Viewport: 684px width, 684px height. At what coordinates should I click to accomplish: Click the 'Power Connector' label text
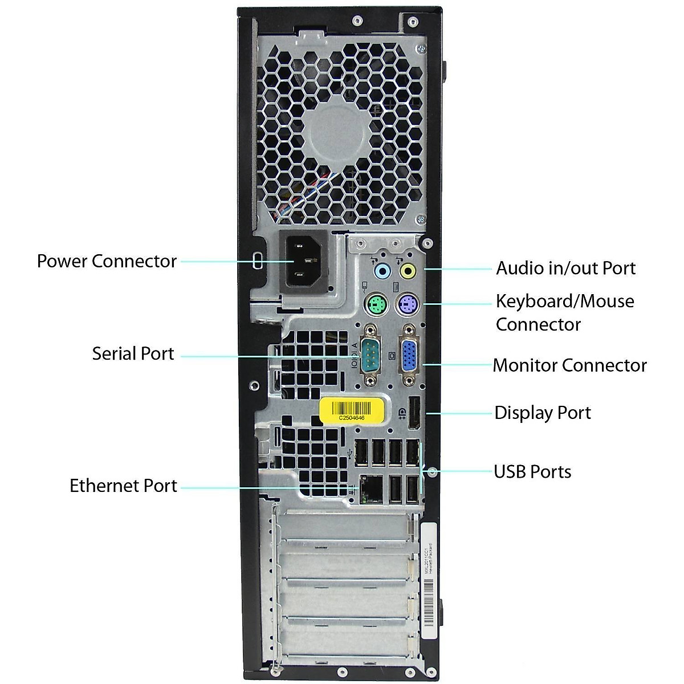(107, 261)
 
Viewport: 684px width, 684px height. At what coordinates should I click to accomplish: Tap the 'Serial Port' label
(133, 353)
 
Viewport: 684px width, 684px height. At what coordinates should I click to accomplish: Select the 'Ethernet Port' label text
(123, 486)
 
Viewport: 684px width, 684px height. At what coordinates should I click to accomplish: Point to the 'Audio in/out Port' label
(565, 268)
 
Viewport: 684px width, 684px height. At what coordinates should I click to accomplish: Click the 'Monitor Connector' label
(569, 365)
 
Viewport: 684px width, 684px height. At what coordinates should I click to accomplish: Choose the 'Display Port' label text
(542, 413)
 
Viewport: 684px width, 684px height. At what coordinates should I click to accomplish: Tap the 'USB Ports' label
(532, 471)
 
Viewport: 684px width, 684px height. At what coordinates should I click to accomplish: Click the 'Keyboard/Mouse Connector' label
(564, 312)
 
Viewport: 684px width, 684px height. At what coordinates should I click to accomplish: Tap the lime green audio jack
(408, 271)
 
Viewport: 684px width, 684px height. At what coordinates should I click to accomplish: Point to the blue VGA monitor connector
(409, 356)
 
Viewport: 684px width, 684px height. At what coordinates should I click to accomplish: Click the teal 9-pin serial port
(371, 356)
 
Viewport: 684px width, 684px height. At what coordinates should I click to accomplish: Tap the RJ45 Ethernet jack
(371, 488)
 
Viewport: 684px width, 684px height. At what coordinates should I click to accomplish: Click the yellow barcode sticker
(351, 410)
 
